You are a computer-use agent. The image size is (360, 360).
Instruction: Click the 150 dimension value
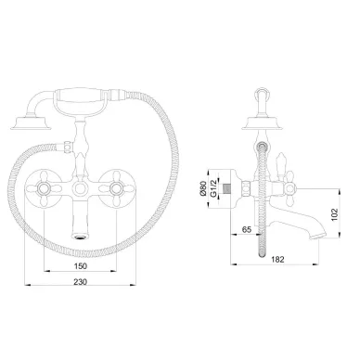coord(81,266)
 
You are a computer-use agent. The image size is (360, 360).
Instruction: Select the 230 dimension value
coord(81,282)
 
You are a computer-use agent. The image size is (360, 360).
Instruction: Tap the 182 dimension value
coord(277,260)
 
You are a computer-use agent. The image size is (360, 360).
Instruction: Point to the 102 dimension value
coord(334,214)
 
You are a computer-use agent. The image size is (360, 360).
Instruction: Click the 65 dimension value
coord(247,229)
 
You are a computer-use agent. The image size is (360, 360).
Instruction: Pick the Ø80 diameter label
coord(203,188)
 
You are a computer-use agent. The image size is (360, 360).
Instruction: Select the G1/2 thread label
coord(213,188)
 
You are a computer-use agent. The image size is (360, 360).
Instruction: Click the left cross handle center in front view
coord(44,187)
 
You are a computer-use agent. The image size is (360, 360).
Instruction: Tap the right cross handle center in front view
coord(117,187)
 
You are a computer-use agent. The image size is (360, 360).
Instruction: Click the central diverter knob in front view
coord(80,187)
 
